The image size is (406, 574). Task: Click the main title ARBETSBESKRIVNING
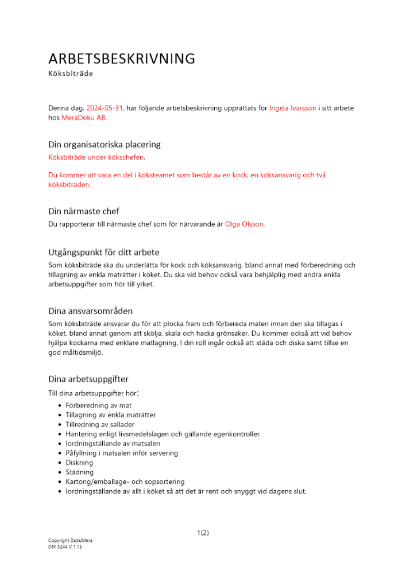(122, 59)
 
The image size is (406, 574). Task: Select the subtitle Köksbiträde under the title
(71, 73)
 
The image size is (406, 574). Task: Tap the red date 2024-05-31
(105, 108)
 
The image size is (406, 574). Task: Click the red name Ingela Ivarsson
(292, 108)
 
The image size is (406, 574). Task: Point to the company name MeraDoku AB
(84, 117)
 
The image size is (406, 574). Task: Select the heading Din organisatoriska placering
(104, 144)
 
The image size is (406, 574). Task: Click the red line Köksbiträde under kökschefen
(96, 157)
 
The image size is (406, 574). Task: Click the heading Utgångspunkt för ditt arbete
(103, 252)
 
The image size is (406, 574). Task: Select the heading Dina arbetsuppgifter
(88, 379)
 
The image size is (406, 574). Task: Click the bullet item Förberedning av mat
(98, 405)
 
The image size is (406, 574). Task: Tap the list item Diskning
(79, 463)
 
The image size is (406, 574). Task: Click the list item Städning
(80, 472)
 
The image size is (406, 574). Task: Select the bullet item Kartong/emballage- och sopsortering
(125, 482)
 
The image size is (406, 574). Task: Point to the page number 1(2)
(203, 533)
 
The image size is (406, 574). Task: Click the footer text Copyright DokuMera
(70, 541)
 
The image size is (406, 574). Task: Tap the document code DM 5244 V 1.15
(65, 547)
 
